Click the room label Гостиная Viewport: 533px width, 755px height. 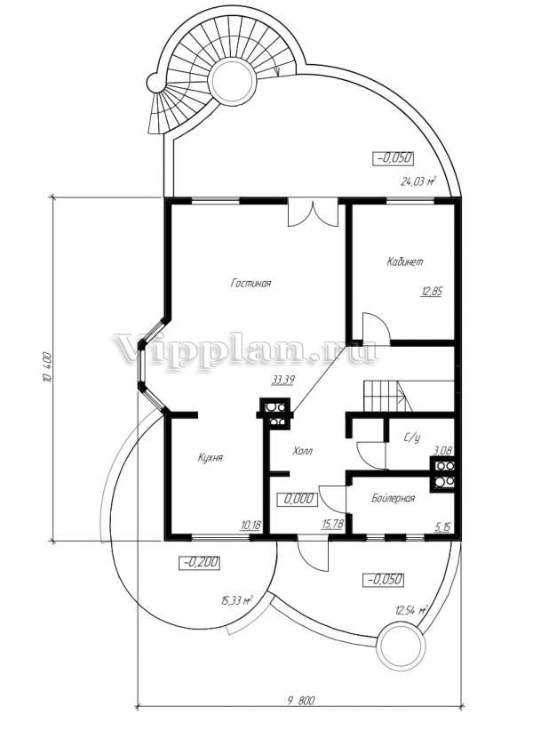click(251, 283)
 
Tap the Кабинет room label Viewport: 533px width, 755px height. click(405, 262)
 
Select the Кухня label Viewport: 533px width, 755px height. click(211, 457)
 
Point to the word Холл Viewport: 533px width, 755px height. click(302, 451)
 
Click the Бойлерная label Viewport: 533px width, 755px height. click(393, 498)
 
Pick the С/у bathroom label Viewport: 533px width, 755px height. click(412, 438)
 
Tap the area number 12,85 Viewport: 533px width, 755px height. click(431, 292)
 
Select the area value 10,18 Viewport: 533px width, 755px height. click(251, 525)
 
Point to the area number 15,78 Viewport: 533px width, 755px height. click(332, 524)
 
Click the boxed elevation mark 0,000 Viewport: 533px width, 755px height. click(298, 499)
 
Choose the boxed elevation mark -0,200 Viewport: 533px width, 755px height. click(199, 563)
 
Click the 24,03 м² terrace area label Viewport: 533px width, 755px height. click(418, 181)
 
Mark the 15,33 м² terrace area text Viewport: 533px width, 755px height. click(237, 600)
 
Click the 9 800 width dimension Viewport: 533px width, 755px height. click(301, 701)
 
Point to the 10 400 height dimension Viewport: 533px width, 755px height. click(48, 368)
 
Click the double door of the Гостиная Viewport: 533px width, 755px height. click(312, 213)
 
